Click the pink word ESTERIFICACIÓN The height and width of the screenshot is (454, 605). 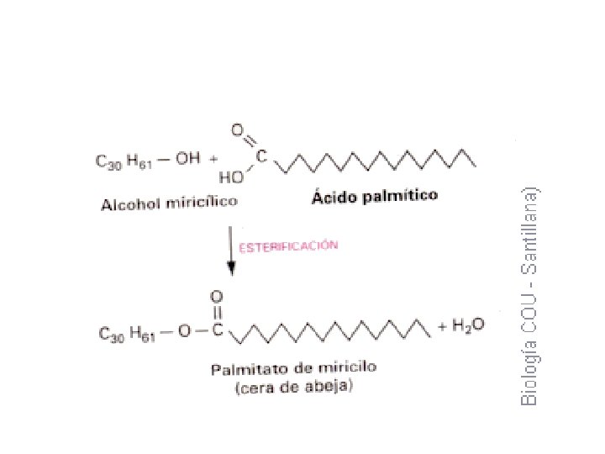[x=289, y=246]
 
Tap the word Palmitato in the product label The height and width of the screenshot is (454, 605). [x=244, y=369]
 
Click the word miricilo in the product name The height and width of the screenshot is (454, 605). [x=348, y=367]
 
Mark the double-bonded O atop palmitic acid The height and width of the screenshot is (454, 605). [x=238, y=130]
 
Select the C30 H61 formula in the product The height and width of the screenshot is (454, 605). [x=127, y=333]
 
